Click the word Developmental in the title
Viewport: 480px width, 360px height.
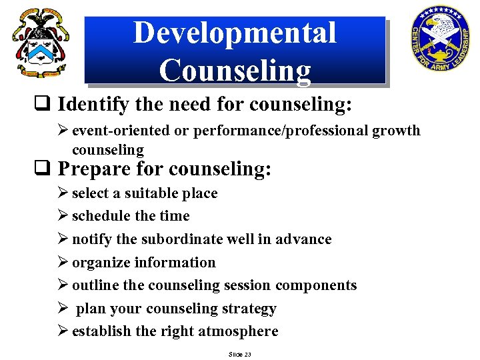point(235,33)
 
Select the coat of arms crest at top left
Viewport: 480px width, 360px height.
point(40,42)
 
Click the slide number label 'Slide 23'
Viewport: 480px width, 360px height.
point(239,354)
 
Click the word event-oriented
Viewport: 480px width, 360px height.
point(121,130)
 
